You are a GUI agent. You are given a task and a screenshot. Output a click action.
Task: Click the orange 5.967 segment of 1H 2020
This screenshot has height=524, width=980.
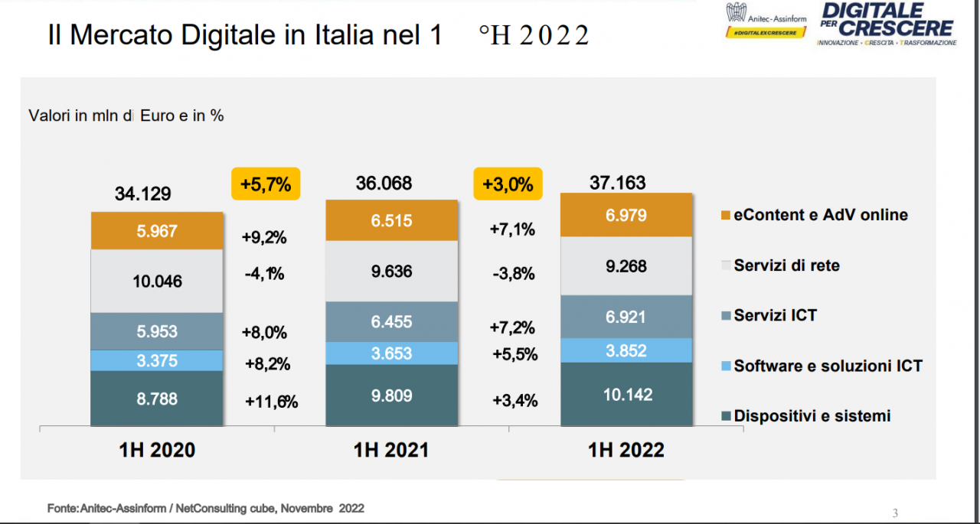tap(157, 231)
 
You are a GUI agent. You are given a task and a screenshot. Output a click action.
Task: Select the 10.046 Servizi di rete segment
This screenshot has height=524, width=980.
tap(157, 282)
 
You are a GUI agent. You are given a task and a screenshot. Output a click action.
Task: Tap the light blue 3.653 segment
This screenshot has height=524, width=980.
tap(391, 353)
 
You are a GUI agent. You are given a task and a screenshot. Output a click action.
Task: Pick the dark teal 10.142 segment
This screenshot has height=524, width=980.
tap(627, 395)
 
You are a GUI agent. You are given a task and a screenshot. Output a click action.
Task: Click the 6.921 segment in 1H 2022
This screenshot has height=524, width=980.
tap(627, 317)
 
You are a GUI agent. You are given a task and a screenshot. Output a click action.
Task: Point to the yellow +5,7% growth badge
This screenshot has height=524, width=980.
tap(266, 184)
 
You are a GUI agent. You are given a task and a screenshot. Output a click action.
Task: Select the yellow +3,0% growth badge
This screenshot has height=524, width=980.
tap(508, 184)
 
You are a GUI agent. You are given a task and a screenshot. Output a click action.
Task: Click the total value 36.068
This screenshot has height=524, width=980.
tap(384, 184)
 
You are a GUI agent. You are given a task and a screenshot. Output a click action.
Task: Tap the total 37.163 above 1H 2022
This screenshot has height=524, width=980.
tap(618, 183)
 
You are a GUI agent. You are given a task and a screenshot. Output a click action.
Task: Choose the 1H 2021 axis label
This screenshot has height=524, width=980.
tap(391, 451)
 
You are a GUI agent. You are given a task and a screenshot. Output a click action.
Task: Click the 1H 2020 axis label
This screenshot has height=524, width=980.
tap(157, 451)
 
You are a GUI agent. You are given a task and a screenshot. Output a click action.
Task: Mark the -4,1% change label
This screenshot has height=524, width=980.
tap(264, 273)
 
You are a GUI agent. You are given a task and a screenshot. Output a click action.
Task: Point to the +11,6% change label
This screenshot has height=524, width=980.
tap(271, 402)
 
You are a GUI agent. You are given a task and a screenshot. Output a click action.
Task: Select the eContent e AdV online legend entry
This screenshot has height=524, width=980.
tap(820, 215)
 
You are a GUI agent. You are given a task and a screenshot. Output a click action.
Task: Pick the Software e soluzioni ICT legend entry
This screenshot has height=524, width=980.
tap(828, 366)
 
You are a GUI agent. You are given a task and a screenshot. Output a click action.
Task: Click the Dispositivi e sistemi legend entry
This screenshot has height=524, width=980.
tap(812, 416)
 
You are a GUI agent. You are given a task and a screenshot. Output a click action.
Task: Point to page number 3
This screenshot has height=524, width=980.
tap(895, 513)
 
